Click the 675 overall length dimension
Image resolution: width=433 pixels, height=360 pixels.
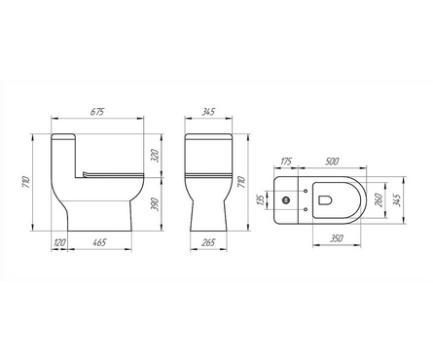click(97, 112)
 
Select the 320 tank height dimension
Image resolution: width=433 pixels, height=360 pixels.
click(155, 156)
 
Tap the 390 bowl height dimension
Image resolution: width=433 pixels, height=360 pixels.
click(155, 204)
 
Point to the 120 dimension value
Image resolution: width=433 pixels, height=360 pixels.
click(59, 242)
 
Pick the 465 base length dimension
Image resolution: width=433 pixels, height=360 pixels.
click(99, 242)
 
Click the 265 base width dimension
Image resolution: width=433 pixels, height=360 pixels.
click(208, 242)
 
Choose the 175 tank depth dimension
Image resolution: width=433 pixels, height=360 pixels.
click(286, 162)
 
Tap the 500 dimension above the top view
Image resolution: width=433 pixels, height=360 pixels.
click(332, 162)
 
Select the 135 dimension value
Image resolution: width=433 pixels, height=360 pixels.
click(260, 199)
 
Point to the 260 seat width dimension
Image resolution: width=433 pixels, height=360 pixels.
click(378, 199)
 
